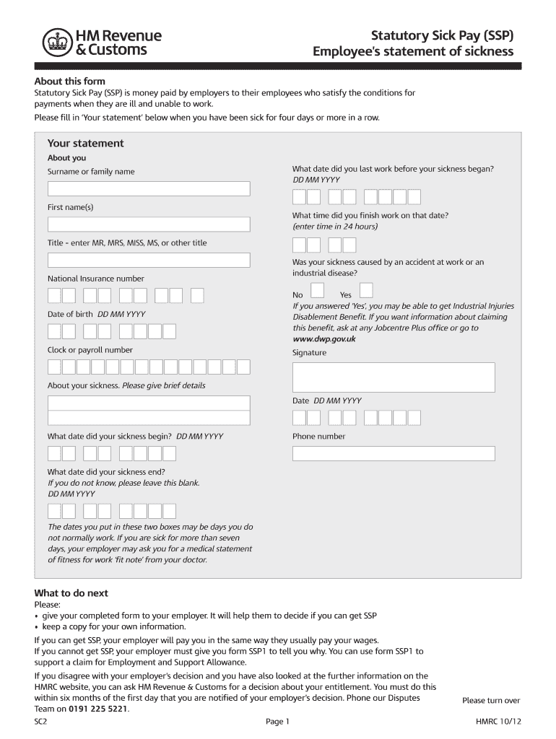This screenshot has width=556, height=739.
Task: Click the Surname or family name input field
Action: point(149,189)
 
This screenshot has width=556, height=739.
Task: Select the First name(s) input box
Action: point(149,224)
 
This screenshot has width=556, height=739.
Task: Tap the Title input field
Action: point(149,261)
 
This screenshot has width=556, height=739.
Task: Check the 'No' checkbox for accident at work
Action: point(317,290)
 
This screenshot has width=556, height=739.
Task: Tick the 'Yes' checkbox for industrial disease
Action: point(366,290)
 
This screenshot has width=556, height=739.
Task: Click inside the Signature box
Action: point(394,377)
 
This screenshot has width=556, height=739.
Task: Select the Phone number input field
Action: point(394,453)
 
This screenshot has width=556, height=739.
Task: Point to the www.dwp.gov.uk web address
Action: point(324,338)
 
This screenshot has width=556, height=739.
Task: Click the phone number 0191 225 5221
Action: point(99,709)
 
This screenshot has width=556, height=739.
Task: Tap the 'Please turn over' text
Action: point(491,701)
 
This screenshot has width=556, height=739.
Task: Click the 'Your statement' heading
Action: point(85,144)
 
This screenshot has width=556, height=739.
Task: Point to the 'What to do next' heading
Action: point(71,593)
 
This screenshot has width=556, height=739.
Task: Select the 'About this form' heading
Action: point(70,82)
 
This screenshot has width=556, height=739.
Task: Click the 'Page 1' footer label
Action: point(277,721)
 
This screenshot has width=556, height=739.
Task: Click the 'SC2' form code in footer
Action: point(40,721)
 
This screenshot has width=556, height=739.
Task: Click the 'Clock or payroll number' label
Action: point(90,350)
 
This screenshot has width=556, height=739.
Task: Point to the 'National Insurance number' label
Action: point(95,279)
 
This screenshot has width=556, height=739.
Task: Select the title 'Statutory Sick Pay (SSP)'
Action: point(443,35)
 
